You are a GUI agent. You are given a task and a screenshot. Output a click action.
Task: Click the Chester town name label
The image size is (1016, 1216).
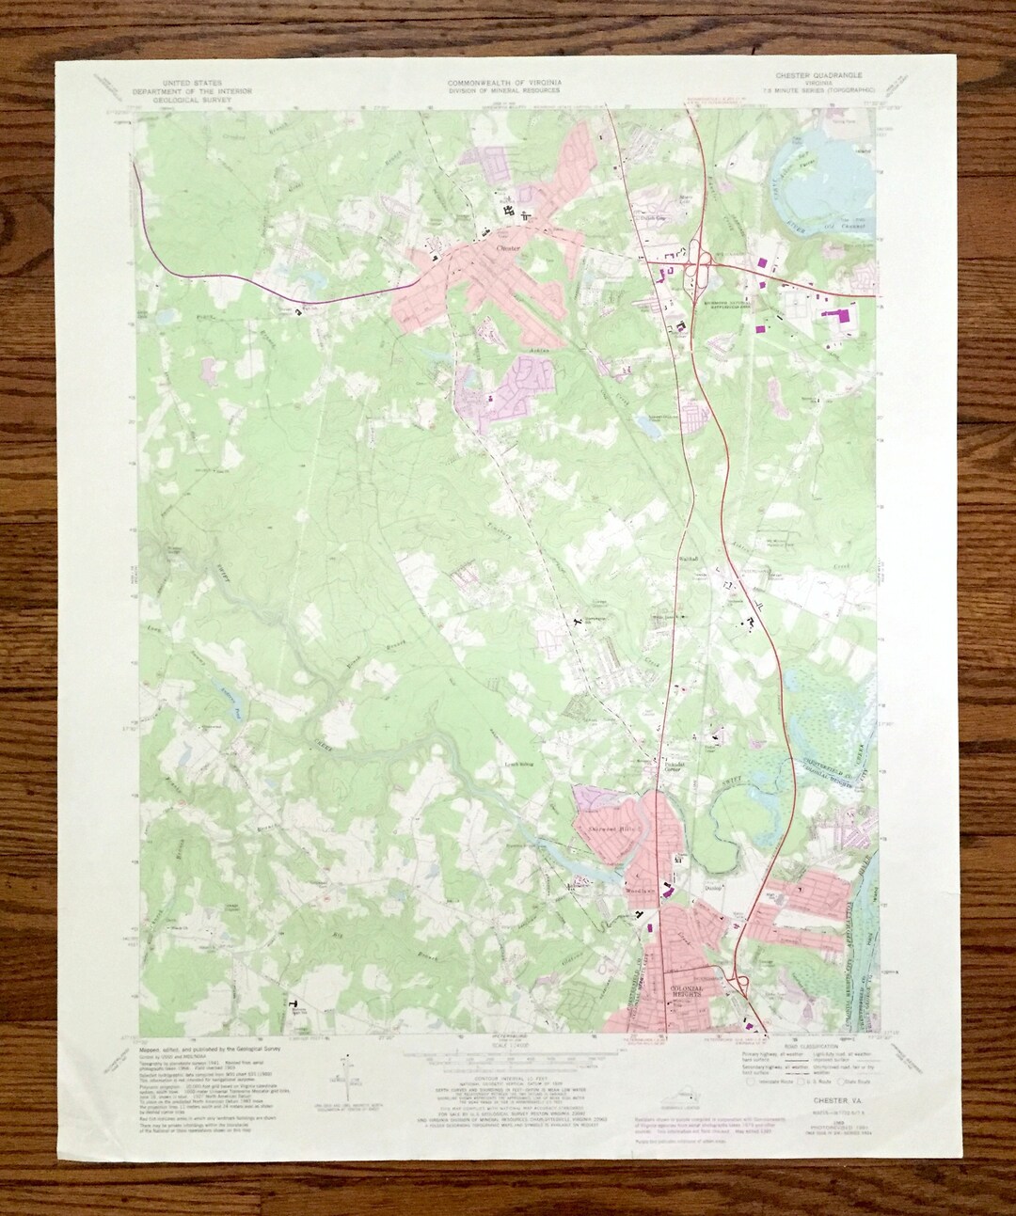tap(506, 247)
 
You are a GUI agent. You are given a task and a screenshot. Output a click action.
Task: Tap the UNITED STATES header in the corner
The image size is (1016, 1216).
tap(189, 82)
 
